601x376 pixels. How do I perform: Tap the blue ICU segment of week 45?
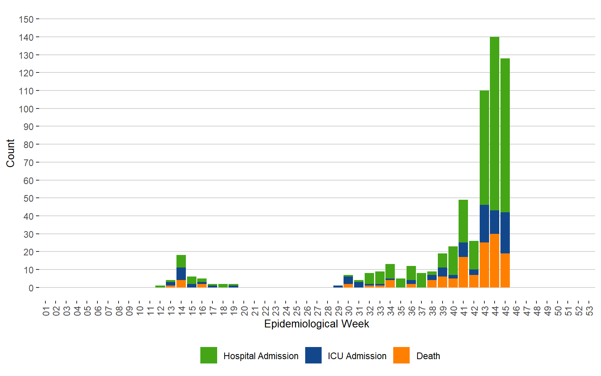coord(505,233)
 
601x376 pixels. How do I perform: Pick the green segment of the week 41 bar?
coord(463,221)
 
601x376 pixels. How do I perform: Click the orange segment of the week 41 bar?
coord(463,272)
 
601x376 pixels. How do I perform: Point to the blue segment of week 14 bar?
coord(181,274)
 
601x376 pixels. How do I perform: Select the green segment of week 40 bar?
coord(453,260)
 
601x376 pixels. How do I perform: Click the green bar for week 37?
coord(421,280)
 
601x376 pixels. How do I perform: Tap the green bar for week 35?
coord(401,283)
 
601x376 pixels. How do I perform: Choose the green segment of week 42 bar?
coord(474,255)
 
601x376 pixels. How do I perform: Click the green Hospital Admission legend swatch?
coord(209,355)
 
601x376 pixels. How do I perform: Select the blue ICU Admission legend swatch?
coord(313,355)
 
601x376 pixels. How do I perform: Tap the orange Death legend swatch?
coord(401,355)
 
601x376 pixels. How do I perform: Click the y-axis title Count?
coord(11,153)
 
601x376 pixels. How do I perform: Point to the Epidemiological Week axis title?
coord(317,324)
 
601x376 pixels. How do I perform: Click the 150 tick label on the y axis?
coord(26,19)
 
